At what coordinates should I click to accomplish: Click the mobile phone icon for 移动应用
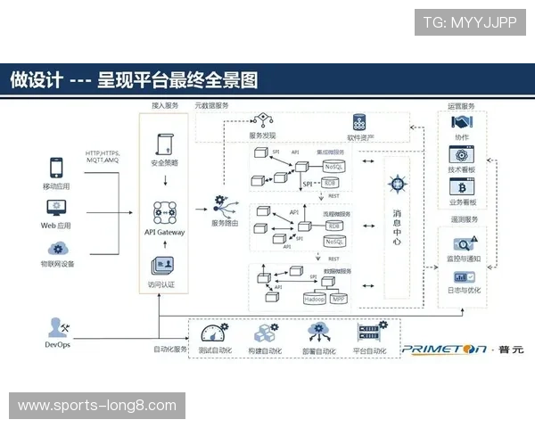click(x=56, y=169)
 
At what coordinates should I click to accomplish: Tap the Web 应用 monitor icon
click(x=56, y=208)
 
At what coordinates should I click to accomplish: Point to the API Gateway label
click(x=165, y=232)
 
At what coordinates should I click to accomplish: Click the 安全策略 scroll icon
click(x=165, y=144)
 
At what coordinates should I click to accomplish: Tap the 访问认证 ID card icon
click(x=163, y=267)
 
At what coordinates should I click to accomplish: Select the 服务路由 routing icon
click(x=221, y=206)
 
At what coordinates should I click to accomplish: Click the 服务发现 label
click(x=262, y=136)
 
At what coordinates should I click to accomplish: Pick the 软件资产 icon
click(x=360, y=122)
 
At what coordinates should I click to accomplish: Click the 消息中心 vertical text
click(x=397, y=227)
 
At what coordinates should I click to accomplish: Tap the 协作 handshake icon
click(x=461, y=123)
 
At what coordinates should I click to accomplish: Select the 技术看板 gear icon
click(x=461, y=154)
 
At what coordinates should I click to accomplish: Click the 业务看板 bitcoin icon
click(x=461, y=187)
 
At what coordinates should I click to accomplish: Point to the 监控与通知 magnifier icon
click(x=463, y=243)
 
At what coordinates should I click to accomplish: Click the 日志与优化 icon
click(x=463, y=276)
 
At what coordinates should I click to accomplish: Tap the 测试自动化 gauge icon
click(x=214, y=333)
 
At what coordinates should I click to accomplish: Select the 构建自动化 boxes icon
click(x=264, y=333)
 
